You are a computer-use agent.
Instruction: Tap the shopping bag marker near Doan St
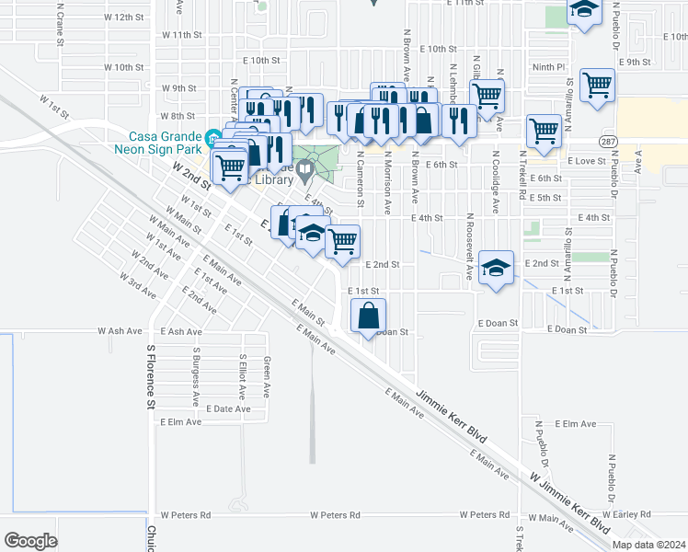pos(368,315)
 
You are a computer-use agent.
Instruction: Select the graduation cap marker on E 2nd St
pos(496,268)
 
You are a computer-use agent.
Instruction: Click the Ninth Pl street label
pos(548,66)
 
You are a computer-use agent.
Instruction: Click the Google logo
pos(31,541)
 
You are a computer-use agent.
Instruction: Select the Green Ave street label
pos(267,373)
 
